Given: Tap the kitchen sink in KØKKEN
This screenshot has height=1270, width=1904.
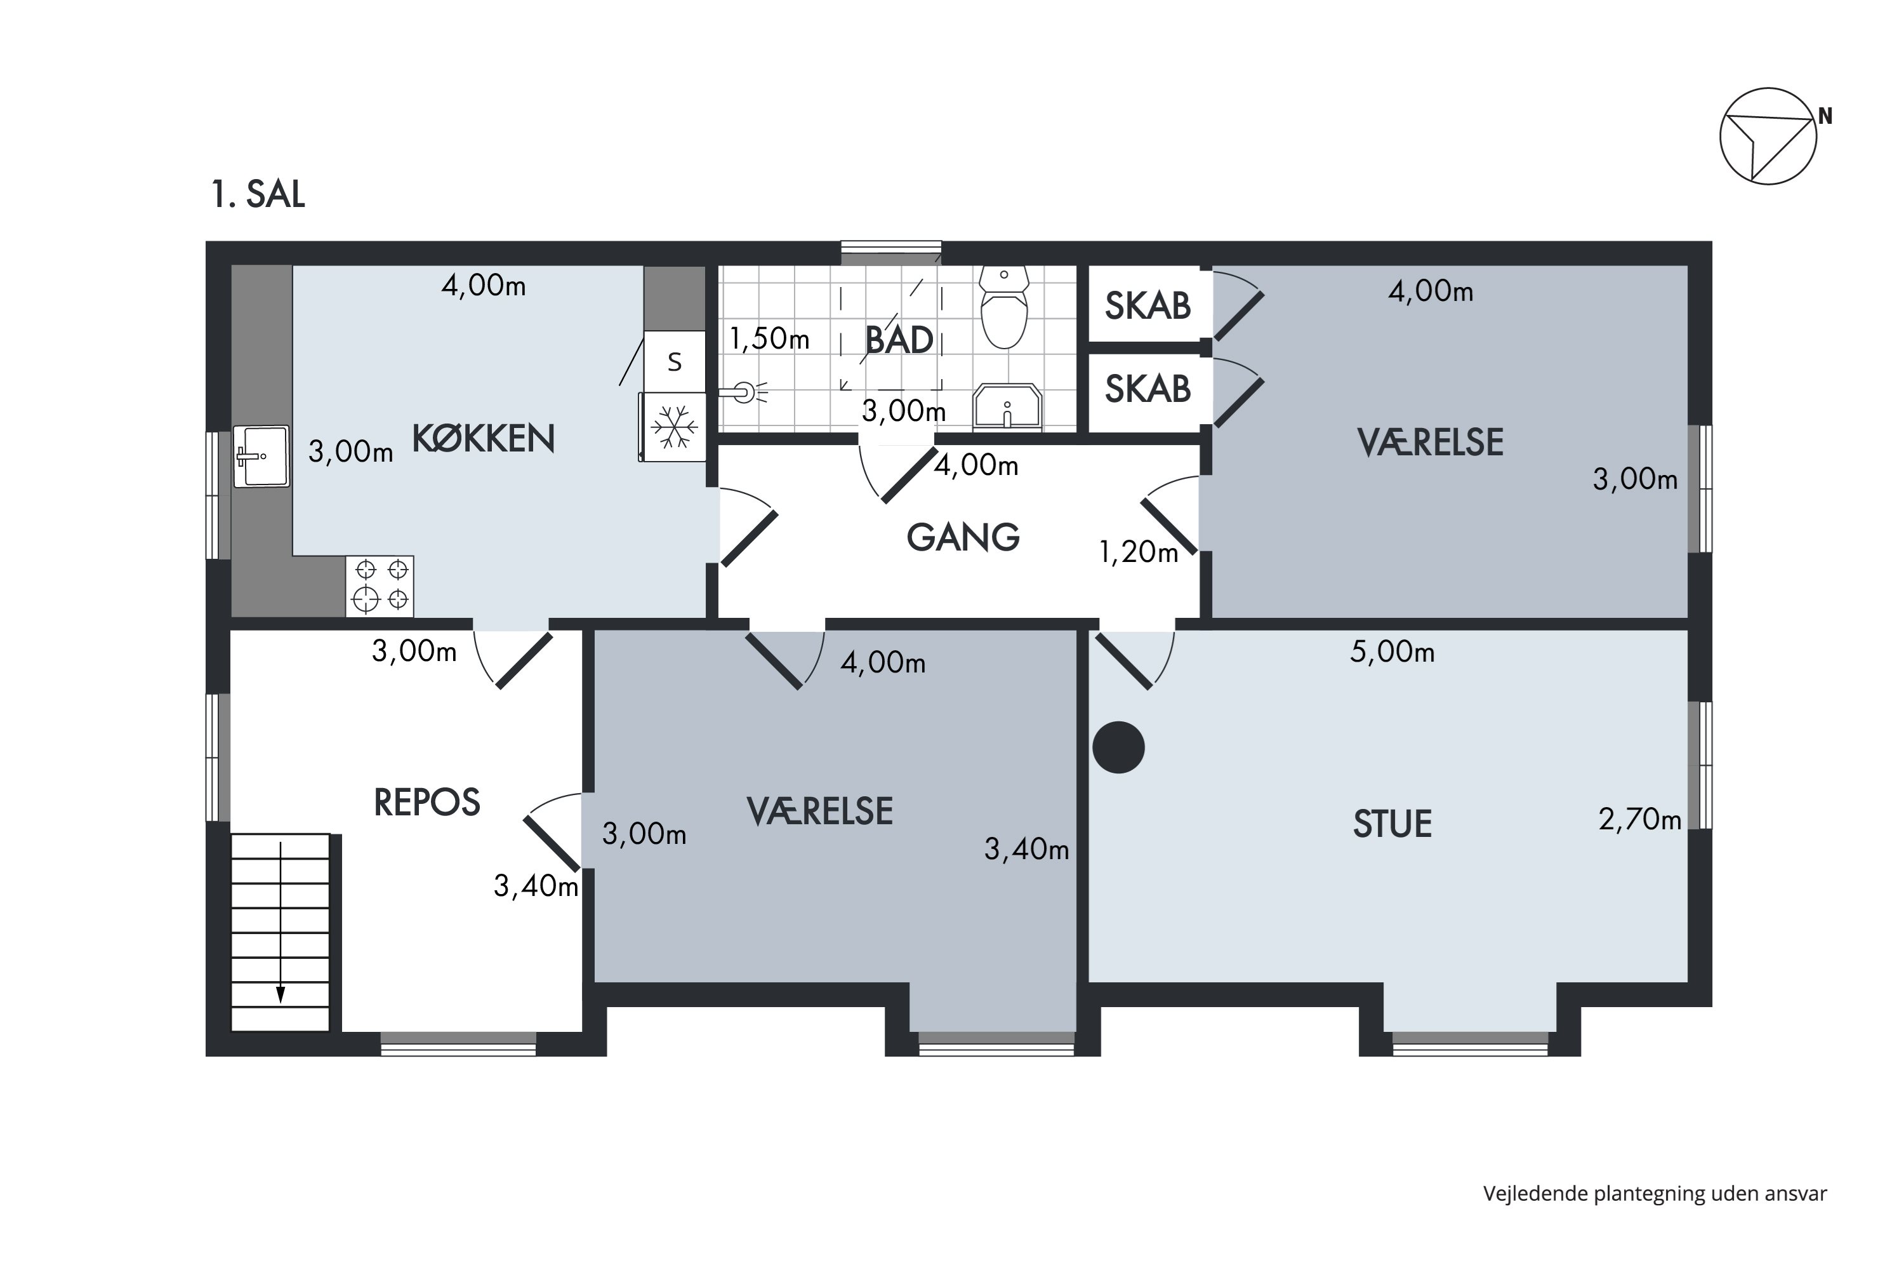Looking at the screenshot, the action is pyautogui.click(x=261, y=456).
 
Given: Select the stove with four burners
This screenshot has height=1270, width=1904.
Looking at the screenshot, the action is pyautogui.click(x=380, y=585).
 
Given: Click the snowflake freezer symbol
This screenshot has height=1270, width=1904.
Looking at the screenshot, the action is pyautogui.click(x=673, y=427).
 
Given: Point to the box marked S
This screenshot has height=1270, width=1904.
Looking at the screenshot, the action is pyautogui.click(x=674, y=361).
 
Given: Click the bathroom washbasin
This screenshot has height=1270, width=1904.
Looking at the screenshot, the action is pyautogui.click(x=1007, y=406).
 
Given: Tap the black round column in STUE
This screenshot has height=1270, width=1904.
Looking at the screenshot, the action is pyautogui.click(x=1119, y=747).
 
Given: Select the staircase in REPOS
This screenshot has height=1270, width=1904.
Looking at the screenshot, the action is pyautogui.click(x=280, y=932).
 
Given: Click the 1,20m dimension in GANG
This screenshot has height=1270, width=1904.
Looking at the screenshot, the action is pyautogui.click(x=1138, y=552).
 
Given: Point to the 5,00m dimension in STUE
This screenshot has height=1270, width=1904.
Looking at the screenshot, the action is pyautogui.click(x=1392, y=652).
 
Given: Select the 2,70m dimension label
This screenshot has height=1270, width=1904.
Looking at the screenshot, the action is pyautogui.click(x=1640, y=820).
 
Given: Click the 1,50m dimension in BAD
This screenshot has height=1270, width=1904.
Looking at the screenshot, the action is pyautogui.click(x=769, y=338).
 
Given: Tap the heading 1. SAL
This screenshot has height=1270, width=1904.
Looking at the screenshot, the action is pyautogui.click(x=258, y=194).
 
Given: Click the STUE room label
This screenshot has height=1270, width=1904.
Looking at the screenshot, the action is pyautogui.click(x=1392, y=824).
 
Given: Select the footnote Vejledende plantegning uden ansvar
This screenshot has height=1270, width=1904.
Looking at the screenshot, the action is pyautogui.click(x=1655, y=1194).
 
